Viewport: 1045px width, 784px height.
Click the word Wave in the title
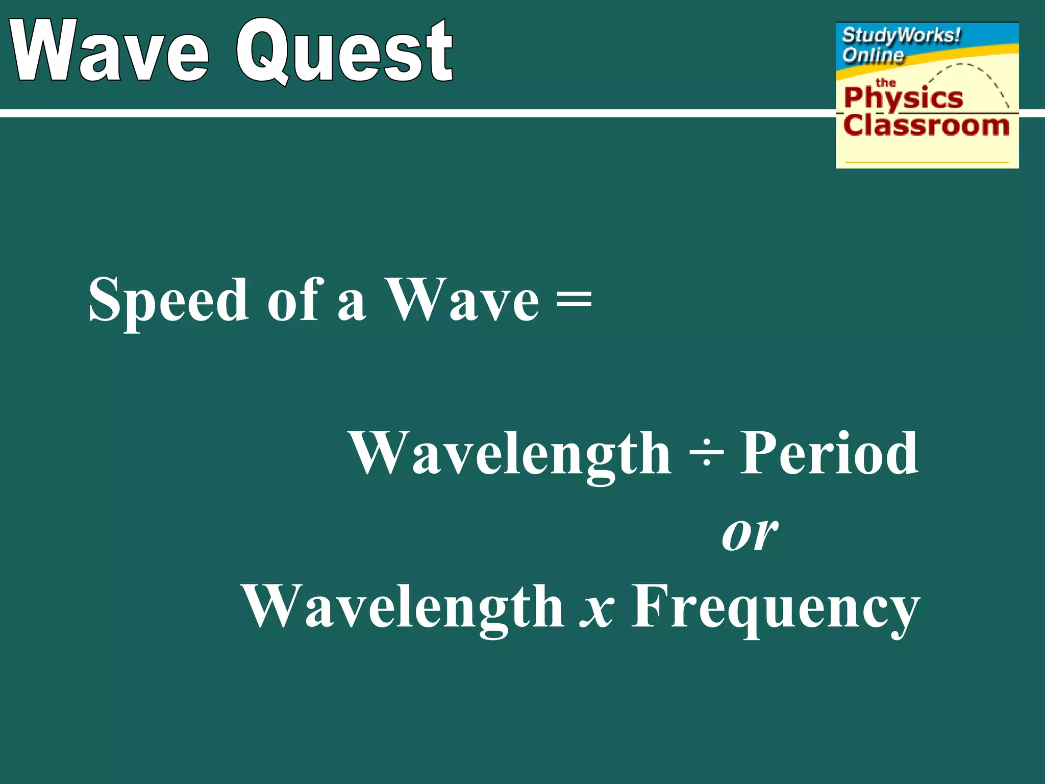[110, 51]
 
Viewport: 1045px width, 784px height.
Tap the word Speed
[168, 301]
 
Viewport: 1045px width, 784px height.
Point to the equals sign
[574, 300]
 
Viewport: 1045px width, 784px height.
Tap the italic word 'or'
[750, 534]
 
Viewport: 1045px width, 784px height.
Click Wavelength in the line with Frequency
[403, 607]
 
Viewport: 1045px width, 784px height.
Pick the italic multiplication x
[597, 610]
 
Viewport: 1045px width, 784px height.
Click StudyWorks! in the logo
[901, 36]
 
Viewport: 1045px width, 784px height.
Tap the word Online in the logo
[873, 55]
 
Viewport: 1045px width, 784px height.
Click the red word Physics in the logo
[903, 98]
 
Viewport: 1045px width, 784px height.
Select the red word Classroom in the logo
[926, 126]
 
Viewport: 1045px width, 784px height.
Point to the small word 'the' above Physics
[885, 82]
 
